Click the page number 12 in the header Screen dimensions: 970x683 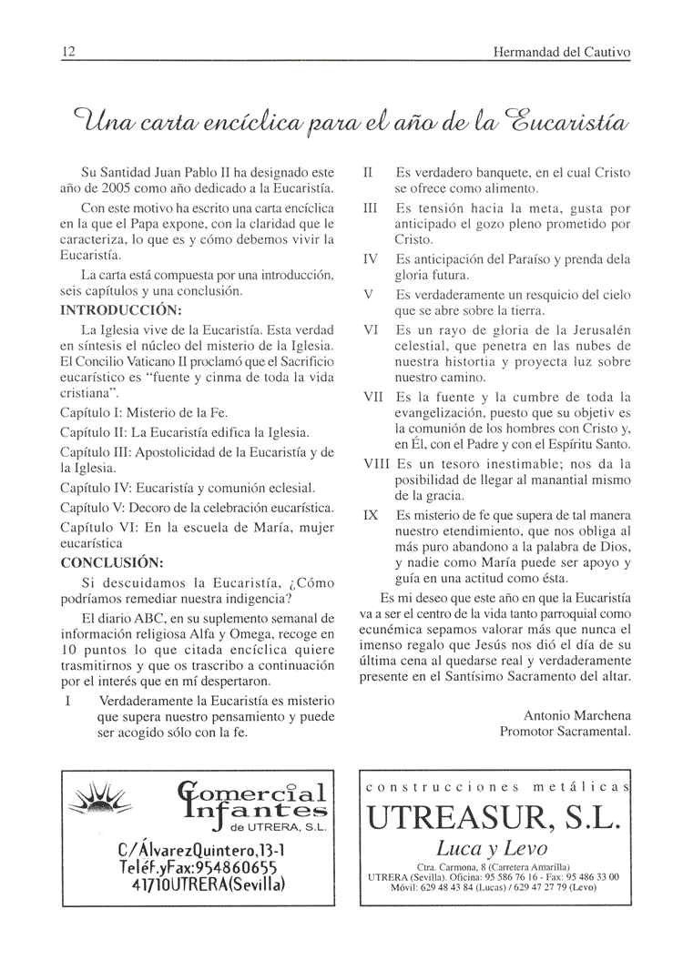(x=67, y=52)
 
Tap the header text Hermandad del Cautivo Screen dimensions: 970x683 (x=561, y=52)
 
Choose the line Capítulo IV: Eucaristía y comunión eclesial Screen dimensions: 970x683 (x=188, y=488)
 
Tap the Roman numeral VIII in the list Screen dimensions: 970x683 (x=377, y=464)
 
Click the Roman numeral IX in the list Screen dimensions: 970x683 (x=371, y=515)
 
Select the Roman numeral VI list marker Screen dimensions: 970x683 (x=372, y=329)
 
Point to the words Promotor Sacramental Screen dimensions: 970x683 (x=565, y=731)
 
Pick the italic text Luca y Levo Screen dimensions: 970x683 (x=492, y=848)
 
